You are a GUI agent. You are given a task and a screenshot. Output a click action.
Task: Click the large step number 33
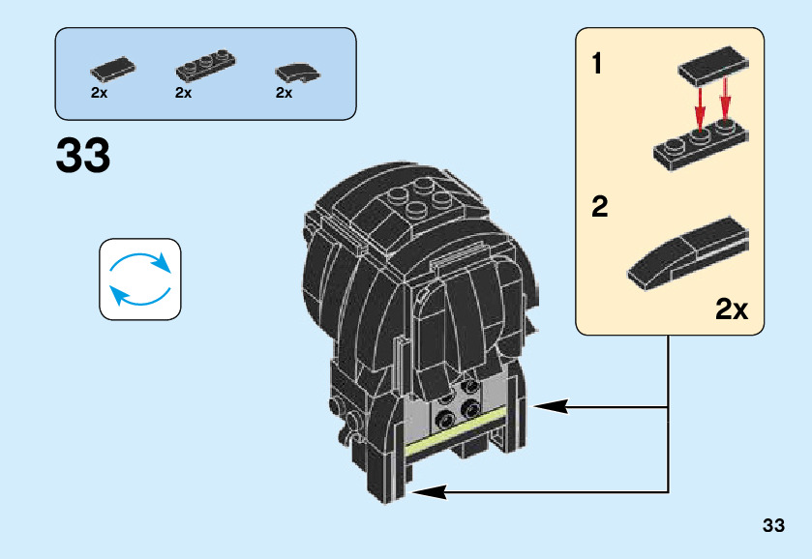[83, 156]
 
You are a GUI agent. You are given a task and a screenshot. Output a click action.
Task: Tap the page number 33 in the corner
[772, 526]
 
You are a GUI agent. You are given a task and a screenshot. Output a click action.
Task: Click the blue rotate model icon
[140, 279]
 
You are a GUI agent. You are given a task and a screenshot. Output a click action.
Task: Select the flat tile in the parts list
[112, 71]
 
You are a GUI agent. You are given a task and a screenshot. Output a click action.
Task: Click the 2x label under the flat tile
[99, 94]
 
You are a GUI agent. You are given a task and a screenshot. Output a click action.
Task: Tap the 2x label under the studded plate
[184, 94]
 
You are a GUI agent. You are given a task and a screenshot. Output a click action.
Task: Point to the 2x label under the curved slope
[284, 94]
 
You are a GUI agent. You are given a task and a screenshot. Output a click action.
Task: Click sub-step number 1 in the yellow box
[597, 66]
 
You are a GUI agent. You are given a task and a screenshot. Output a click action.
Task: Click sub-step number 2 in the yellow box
[599, 207]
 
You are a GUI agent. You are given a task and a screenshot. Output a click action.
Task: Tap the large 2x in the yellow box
[732, 309]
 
